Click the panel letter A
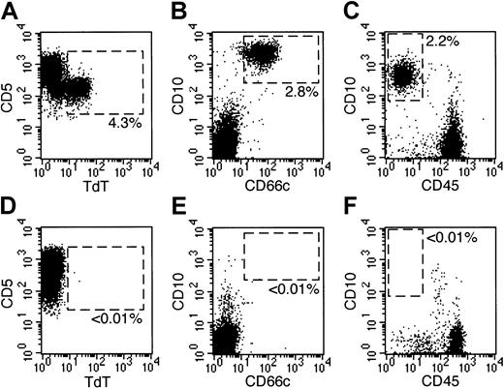tap(10, 9)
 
